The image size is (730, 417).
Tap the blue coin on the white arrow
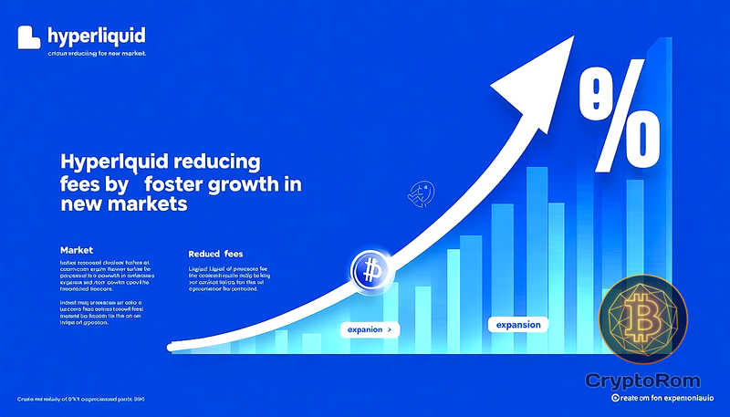(370, 271)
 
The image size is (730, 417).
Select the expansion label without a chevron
(518, 325)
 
